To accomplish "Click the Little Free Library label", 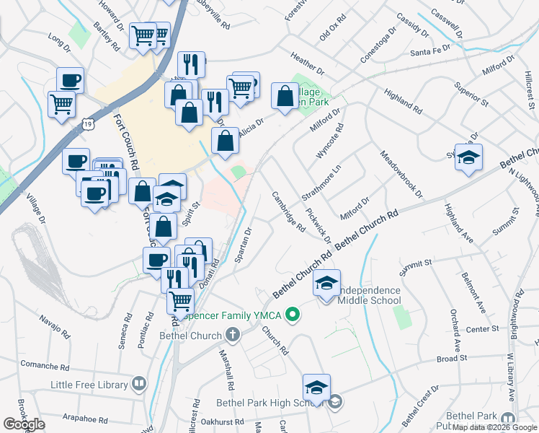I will pos(89,384).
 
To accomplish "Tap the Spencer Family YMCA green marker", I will pos(293,315).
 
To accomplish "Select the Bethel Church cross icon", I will pos(232,335).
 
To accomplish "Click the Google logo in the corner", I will pos(24,424).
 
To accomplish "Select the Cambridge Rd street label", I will pos(288,211).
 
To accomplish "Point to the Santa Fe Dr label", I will pos(430,51).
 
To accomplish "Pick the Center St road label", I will pos(483,328).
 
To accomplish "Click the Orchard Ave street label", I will pos(455,326).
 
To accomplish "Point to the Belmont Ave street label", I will pos(475,296).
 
